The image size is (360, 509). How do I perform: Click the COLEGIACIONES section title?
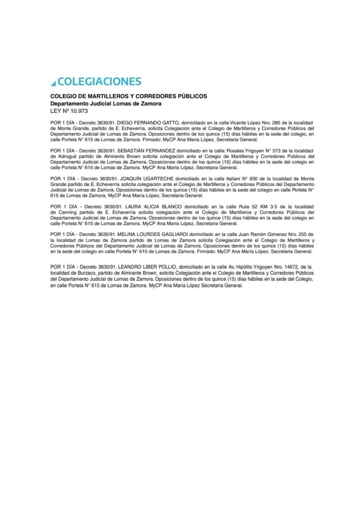[x=99, y=82]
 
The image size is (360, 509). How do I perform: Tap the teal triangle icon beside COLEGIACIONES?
[x=53, y=82]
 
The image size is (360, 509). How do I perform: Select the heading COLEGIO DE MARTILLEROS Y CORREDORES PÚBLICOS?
[x=129, y=96]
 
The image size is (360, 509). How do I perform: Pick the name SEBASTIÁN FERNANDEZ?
[x=147, y=150]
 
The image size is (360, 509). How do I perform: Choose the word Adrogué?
[x=68, y=156]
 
